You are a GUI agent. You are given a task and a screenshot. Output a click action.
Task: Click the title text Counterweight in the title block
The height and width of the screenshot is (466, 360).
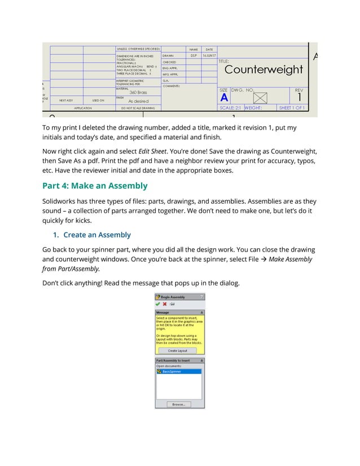(x=264, y=70)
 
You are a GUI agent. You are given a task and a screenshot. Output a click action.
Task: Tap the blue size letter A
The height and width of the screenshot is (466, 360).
(x=224, y=98)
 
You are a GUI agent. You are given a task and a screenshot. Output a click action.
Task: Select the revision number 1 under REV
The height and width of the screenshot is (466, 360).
(x=299, y=98)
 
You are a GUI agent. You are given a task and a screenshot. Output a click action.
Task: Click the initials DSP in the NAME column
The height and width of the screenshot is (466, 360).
(x=194, y=56)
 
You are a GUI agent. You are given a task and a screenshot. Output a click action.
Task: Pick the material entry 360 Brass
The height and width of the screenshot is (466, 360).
(x=138, y=92)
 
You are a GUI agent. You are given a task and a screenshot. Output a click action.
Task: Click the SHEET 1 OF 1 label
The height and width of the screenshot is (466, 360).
(x=292, y=108)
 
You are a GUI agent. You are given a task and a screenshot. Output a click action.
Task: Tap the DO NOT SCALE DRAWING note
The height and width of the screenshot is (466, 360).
(x=138, y=108)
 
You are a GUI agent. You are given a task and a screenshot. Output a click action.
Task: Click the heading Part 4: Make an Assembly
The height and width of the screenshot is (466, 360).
(x=95, y=186)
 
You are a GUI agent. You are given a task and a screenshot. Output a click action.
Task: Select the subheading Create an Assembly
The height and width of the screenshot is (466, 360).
(x=96, y=235)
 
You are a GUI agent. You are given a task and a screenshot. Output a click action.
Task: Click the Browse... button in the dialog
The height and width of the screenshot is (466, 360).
(x=179, y=404)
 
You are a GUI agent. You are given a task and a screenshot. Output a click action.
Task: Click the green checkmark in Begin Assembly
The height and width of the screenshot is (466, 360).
(x=159, y=304)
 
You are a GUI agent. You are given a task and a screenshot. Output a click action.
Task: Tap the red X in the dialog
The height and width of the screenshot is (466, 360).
(x=165, y=304)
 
